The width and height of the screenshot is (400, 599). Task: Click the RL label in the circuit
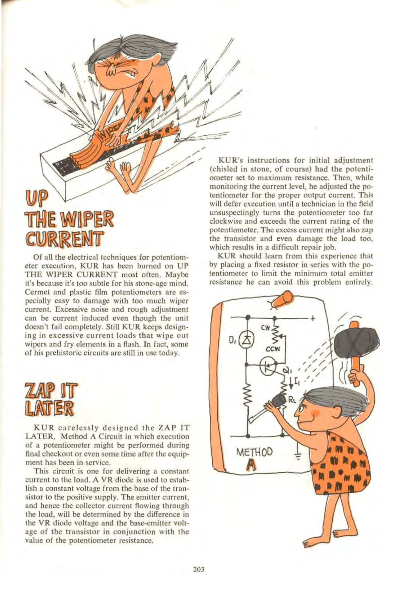(x=292, y=401)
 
